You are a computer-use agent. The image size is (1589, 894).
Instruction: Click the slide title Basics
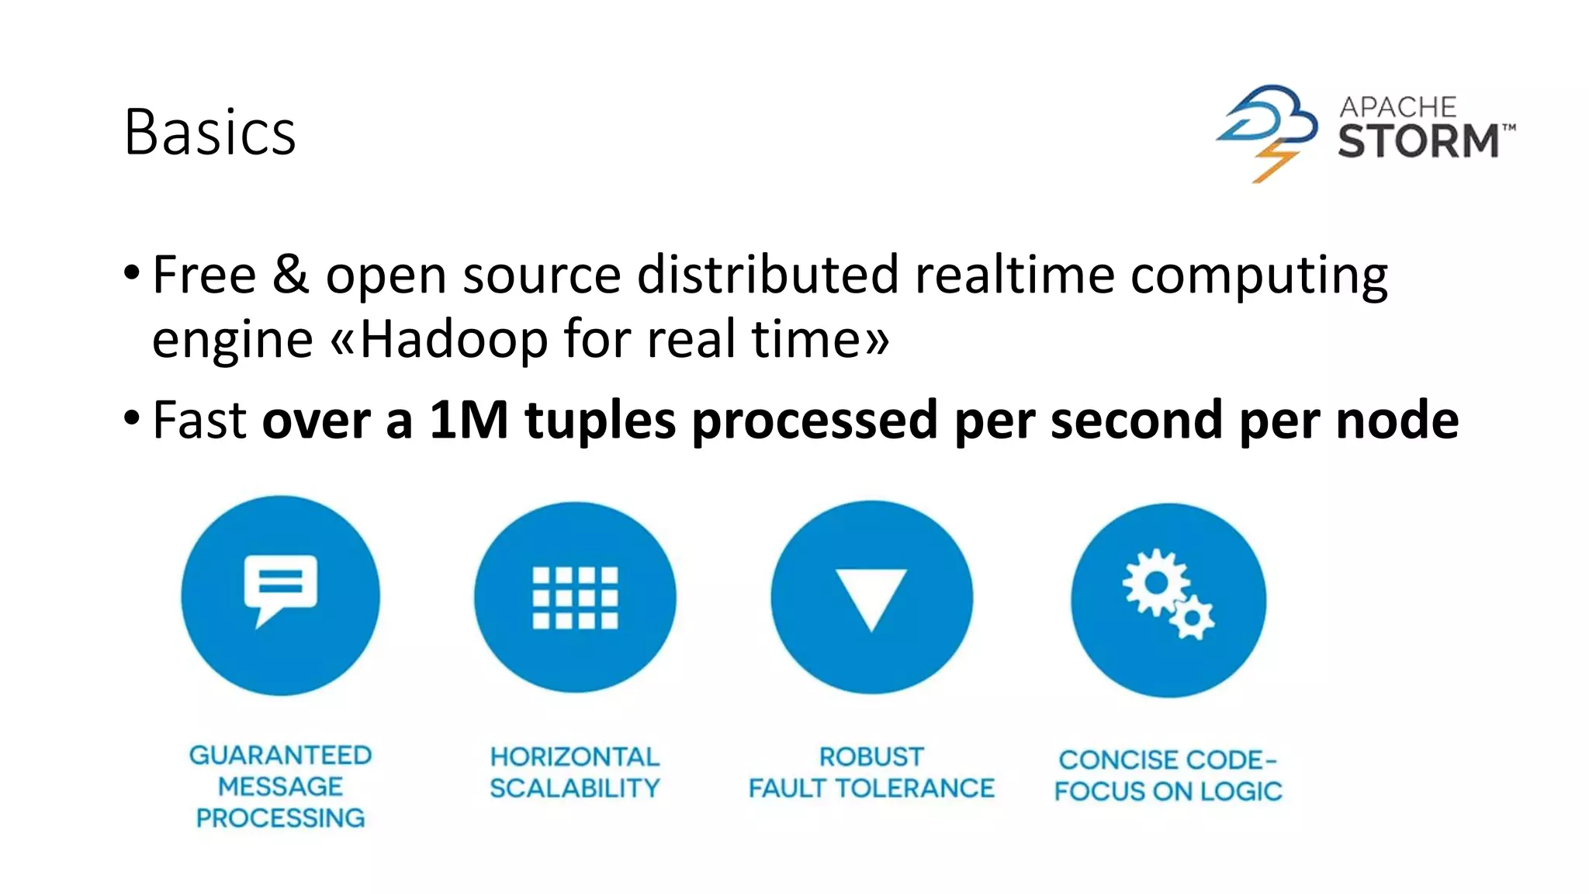click(209, 132)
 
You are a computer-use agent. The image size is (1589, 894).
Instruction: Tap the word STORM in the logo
click(1418, 141)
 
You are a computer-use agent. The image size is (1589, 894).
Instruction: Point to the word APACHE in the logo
click(1398, 106)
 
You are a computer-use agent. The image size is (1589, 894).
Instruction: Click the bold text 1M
click(469, 420)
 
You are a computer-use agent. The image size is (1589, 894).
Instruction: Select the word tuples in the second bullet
click(600, 421)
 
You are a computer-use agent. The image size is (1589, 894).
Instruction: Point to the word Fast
click(199, 420)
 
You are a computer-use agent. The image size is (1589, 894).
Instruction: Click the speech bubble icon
click(280, 587)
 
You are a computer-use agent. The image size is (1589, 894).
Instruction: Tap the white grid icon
click(575, 597)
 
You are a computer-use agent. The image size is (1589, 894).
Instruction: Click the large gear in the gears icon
click(1155, 582)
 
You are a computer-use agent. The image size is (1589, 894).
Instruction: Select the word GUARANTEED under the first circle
click(280, 755)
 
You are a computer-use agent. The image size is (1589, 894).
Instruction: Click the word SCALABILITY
click(574, 788)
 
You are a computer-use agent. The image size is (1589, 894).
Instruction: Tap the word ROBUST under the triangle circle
click(871, 757)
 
